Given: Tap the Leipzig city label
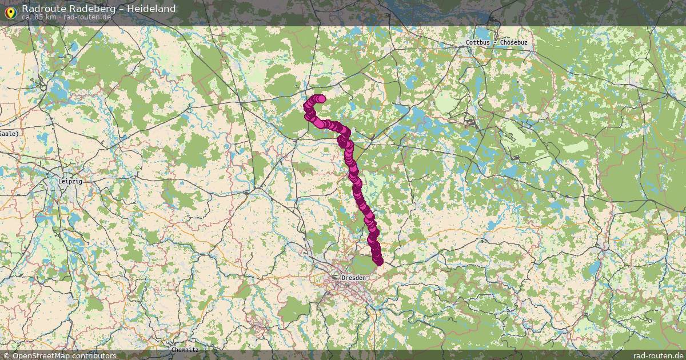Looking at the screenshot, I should pyautogui.click(x=70, y=181).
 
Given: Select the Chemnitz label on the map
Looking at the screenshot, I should pyautogui.click(x=185, y=349).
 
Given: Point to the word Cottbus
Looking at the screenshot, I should pyautogui.click(x=477, y=43).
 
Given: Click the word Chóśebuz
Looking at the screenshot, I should pyautogui.click(x=513, y=43).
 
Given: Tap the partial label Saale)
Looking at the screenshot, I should pyautogui.click(x=9, y=133).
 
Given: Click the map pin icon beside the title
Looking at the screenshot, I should pyautogui.click(x=10, y=11).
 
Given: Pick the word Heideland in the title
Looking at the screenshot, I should pyautogui.click(x=151, y=9).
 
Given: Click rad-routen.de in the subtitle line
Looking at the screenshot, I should pyautogui.click(x=87, y=17).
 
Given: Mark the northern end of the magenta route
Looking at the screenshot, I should pyautogui.click(x=321, y=99).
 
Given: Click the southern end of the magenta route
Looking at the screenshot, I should pyautogui.click(x=378, y=262).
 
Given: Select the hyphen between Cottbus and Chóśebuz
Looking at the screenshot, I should pyautogui.click(x=495, y=43).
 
